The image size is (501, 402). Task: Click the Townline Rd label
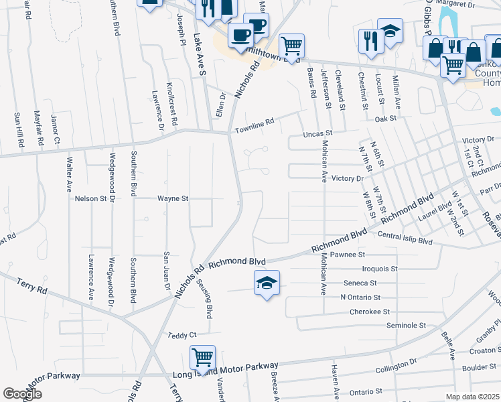coord(255,123)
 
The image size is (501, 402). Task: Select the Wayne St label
coord(173,198)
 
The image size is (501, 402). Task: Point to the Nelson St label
coord(91,198)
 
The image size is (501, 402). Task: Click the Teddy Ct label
coord(182,335)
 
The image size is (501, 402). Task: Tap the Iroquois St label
coord(375,268)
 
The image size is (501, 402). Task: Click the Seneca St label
coord(360,283)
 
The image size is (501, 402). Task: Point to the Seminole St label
coord(406,325)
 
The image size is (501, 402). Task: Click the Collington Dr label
coord(396,366)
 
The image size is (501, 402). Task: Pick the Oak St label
coord(386,119)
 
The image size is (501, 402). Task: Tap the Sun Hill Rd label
coord(18,129)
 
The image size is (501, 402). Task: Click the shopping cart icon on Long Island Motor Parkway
coord(202,357)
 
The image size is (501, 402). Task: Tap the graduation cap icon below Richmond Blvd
coord(266,283)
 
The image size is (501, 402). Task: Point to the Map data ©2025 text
coord(473,397)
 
